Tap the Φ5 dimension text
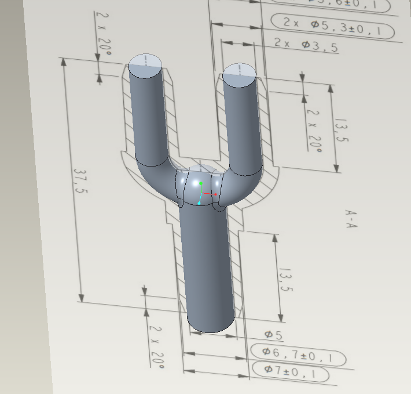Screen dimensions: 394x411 pos(273,335)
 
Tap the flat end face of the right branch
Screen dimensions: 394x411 pos(238,71)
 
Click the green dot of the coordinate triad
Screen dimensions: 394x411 pos(201,183)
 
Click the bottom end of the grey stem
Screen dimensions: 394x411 pos(211,325)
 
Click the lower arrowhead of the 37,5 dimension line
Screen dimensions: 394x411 pos(82,297)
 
